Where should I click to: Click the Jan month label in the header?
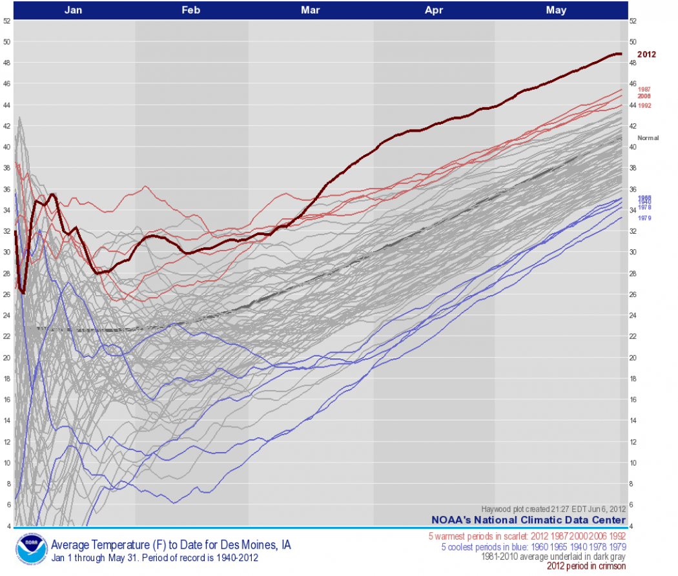coord(74,10)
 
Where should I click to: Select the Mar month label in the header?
coord(310,10)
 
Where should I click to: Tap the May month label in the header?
coord(556,10)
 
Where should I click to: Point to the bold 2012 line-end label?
coord(646,54)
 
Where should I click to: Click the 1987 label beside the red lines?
coord(644,89)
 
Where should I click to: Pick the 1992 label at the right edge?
coord(644,105)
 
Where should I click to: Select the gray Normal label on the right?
coord(648,138)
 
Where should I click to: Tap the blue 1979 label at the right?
coord(644,218)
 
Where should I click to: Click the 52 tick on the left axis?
coord(6,21)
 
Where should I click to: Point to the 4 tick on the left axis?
coord(8,526)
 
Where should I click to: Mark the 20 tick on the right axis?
coord(633,357)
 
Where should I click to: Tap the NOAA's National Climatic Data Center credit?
coord(528,520)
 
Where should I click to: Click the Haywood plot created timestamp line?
coord(553,509)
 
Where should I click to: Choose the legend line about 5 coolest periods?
coord(533,547)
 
